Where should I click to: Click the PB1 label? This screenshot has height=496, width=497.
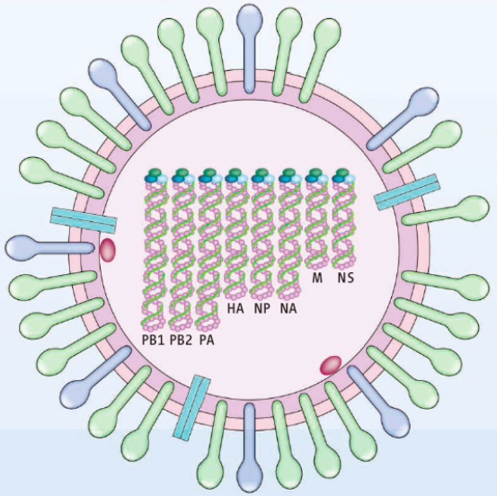(153, 341)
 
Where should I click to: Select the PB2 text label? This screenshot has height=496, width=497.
(181, 341)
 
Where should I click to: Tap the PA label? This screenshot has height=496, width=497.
(207, 341)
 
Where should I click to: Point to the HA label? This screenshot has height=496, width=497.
(235, 309)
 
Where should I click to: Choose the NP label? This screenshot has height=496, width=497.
(262, 309)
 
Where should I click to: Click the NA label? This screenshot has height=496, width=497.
(288, 309)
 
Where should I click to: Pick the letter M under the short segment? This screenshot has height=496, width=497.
(317, 278)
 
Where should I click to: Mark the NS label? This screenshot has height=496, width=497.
(345, 278)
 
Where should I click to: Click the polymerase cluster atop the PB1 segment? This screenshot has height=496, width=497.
(155, 176)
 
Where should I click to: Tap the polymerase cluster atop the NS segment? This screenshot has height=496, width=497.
(343, 176)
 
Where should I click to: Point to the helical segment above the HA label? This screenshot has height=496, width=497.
(236, 241)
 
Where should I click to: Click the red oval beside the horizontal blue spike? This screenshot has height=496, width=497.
(108, 251)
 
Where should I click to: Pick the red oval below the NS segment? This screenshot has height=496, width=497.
(331, 365)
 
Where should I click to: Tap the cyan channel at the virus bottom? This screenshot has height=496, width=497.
(191, 408)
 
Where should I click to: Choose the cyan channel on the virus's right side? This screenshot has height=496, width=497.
(407, 192)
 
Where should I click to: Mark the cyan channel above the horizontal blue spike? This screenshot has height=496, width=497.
(84, 220)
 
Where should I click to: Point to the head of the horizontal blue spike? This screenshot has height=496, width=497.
(20, 247)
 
